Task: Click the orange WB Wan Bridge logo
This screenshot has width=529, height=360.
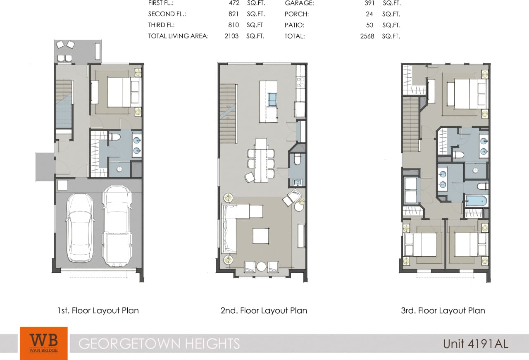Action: (x=43, y=343)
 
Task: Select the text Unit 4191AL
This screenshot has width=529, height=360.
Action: (x=475, y=343)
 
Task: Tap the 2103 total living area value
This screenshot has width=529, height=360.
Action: (x=231, y=36)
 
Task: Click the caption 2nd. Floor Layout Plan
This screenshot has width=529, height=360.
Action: (x=264, y=310)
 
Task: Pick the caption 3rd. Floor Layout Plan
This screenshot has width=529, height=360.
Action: (x=443, y=310)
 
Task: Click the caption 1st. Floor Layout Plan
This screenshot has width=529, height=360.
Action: (x=98, y=310)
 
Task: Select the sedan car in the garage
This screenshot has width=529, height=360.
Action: (x=80, y=228)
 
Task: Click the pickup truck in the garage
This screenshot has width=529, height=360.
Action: (x=117, y=226)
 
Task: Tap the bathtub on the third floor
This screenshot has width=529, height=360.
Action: (x=476, y=201)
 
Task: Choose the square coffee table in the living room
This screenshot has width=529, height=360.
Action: (x=260, y=236)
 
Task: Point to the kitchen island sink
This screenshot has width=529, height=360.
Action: (x=272, y=100)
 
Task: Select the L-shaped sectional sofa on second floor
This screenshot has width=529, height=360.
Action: (x=230, y=227)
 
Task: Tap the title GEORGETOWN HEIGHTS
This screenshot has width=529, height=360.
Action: (x=159, y=343)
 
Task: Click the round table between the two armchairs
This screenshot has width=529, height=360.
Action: (x=261, y=267)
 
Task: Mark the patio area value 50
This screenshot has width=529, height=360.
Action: (x=370, y=25)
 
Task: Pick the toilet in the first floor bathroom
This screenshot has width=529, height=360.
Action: (x=114, y=137)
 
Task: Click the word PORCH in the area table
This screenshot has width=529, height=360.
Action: (x=296, y=14)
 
